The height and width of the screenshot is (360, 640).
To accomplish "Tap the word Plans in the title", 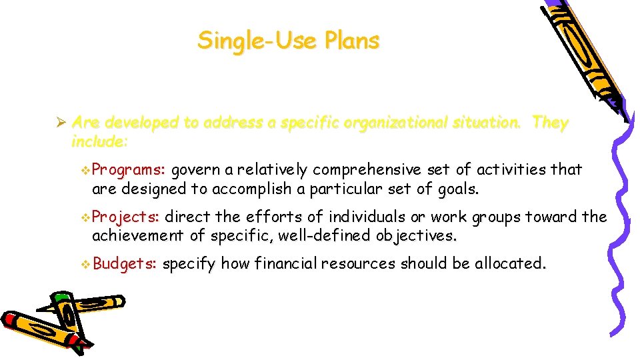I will (352, 41).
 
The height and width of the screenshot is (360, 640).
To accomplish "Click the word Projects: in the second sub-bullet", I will (125, 217).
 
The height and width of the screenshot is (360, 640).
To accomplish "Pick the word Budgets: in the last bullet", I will (125, 263).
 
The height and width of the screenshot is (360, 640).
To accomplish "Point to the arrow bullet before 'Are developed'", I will (59, 123).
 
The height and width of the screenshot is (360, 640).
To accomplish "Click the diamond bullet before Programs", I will (85, 170).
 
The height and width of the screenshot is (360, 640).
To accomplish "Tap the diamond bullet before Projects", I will (85, 217).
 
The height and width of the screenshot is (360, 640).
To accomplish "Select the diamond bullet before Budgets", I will (85, 264).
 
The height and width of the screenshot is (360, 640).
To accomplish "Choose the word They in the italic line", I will (551, 123).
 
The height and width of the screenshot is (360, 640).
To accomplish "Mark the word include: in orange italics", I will (99, 142).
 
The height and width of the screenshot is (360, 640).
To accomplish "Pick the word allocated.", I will (510, 263).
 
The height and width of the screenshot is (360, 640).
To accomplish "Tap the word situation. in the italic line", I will (488, 123).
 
